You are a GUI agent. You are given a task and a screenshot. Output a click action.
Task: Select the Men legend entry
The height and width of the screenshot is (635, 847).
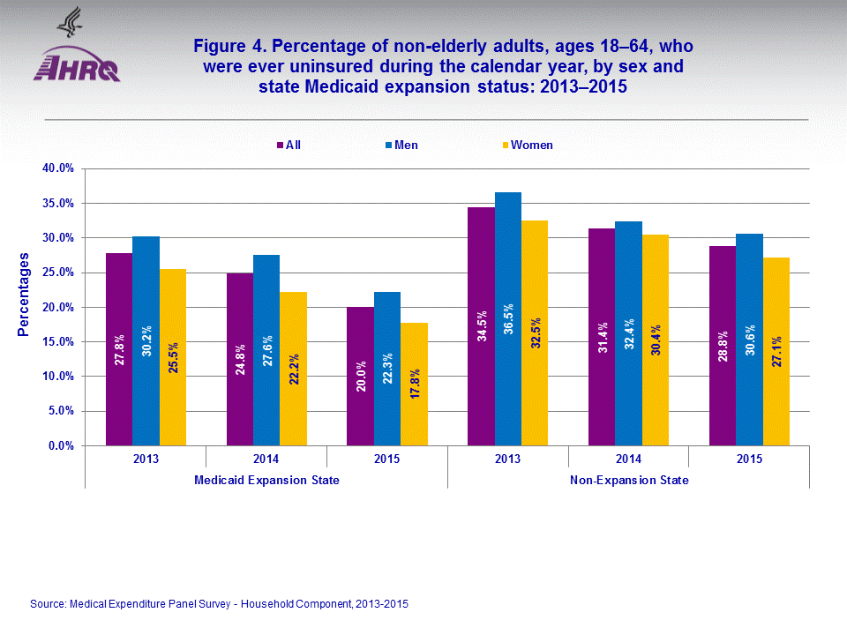401,145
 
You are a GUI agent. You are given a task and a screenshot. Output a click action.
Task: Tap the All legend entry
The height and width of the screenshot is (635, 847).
289,145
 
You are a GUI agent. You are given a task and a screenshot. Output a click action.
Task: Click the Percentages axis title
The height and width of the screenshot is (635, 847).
24,295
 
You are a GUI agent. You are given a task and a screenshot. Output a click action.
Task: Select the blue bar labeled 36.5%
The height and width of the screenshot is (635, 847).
508,318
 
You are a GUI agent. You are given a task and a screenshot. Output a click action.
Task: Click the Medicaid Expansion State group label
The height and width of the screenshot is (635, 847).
266,480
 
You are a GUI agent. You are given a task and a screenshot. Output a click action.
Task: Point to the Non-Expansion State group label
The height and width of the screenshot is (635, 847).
629,480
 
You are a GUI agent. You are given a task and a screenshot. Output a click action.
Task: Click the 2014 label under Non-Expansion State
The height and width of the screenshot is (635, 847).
628,459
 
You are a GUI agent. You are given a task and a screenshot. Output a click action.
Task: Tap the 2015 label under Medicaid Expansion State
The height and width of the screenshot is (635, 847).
386,459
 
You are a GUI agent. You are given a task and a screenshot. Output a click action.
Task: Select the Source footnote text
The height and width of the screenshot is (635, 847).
219,604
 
